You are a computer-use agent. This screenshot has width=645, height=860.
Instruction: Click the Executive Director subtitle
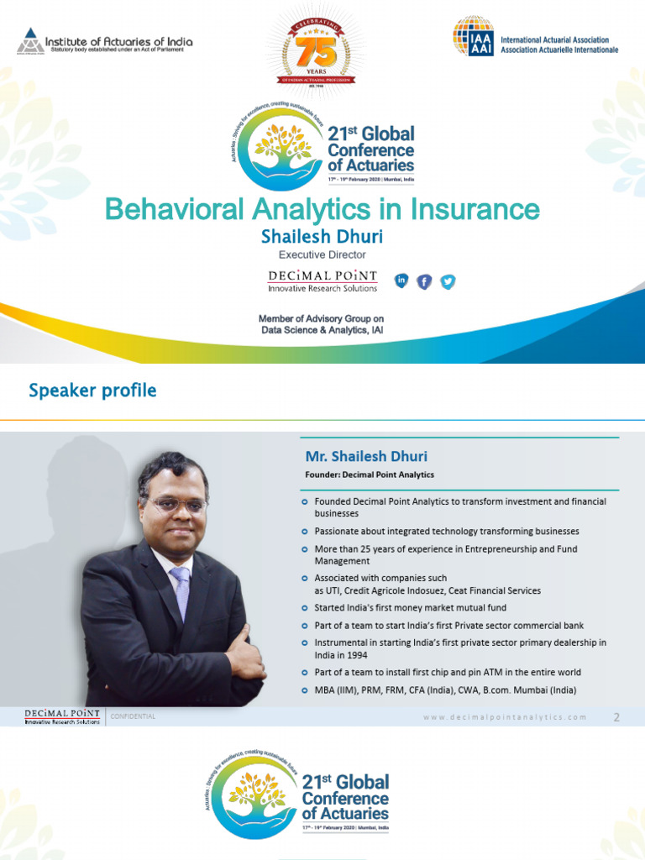[322, 254]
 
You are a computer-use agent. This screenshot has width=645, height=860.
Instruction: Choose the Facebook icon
[424, 281]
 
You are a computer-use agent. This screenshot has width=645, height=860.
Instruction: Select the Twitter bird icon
[448, 281]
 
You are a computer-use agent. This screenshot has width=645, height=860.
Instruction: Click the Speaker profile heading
[92, 391]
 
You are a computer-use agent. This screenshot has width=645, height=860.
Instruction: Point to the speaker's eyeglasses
[176, 504]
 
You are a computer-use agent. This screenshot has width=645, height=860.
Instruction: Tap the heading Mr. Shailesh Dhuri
[365, 457]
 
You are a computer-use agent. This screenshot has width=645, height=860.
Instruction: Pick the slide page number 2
[616, 717]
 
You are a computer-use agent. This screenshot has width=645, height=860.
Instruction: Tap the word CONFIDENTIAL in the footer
[133, 716]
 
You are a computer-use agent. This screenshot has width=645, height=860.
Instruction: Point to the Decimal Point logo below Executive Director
[322, 281]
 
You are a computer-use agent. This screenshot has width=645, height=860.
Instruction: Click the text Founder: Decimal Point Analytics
[370, 475]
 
